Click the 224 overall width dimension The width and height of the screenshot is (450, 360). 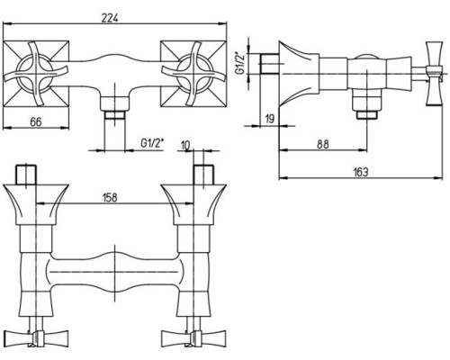click(110, 18)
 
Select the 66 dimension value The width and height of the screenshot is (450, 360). click(36, 122)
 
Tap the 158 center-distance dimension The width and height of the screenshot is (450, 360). click(110, 198)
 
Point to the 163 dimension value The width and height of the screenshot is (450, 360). click(361, 172)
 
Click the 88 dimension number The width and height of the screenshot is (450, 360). click(323, 144)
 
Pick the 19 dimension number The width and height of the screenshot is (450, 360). click(270, 119)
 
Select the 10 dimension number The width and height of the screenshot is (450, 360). click(185, 146)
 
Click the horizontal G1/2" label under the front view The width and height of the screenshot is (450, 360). click(153, 143)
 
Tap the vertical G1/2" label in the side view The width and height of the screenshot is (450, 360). click(240, 63)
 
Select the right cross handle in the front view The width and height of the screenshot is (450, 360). click(193, 74)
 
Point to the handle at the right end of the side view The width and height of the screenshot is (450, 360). click(434, 74)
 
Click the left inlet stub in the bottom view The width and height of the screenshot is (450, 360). click(26, 175)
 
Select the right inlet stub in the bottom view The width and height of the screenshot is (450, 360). click(203, 175)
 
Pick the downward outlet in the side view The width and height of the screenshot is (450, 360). click(367, 103)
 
